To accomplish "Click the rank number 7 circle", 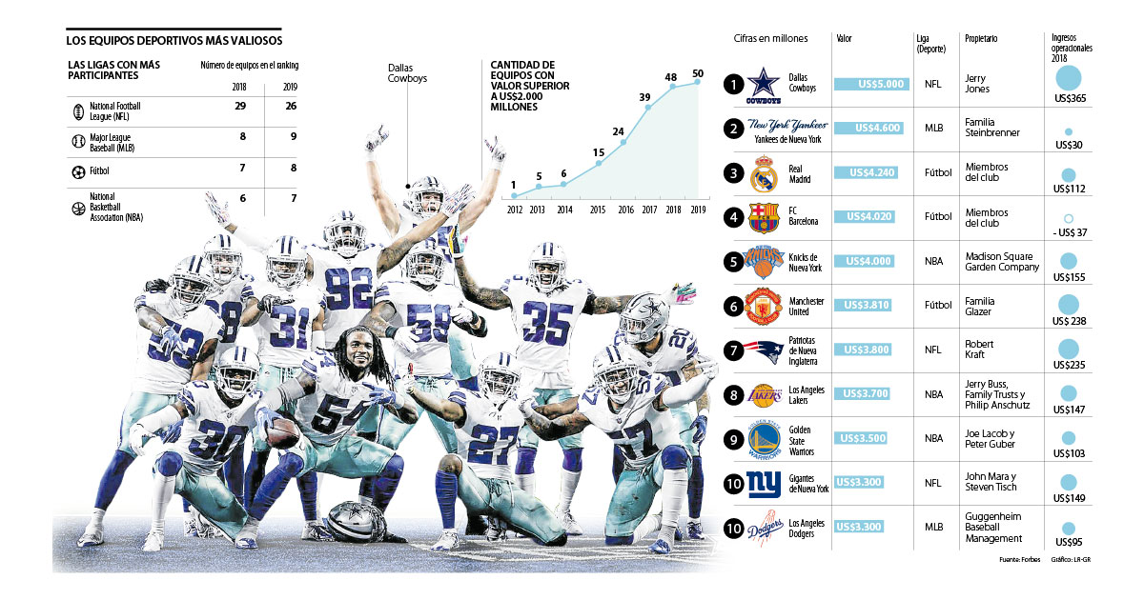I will [x=732, y=350].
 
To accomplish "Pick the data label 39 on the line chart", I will [x=644, y=97].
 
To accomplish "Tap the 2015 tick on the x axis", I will [x=598, y=209].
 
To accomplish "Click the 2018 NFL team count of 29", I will [x=240, y=106].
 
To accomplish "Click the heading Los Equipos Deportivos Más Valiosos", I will [x=174, y=41].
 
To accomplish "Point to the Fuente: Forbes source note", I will [x=1020, y=559].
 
